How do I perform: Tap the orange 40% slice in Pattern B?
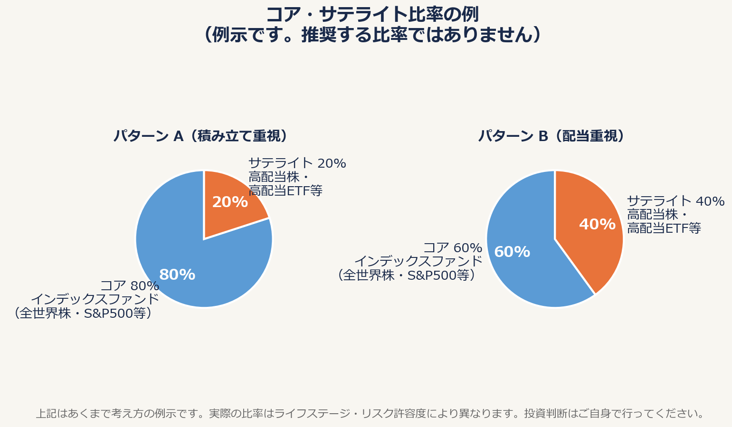click(x=594, y=237)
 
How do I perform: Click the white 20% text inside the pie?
click(x=230, y=202)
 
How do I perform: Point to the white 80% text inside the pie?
click(x=177, y=275)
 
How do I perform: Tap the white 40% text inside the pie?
click(x=597, y=225)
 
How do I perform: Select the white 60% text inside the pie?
click(x=512, y=252)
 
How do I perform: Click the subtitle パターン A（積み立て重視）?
click(x=200, y=136)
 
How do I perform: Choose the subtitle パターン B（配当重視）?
click(x=551, y=136)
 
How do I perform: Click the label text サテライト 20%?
click(x=297, y=164)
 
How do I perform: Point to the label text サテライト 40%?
click(x=675, y=202)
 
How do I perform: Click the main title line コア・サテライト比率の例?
click(x=372, y=15)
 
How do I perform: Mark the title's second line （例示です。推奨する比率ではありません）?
click(x=372, y=35)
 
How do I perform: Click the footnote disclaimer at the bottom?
click(x=370, y=414)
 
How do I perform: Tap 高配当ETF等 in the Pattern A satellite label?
click(x=285, y=191)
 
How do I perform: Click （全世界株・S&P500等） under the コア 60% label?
click(x=407, y=275)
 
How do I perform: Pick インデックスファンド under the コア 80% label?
click(x=95, y=300)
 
